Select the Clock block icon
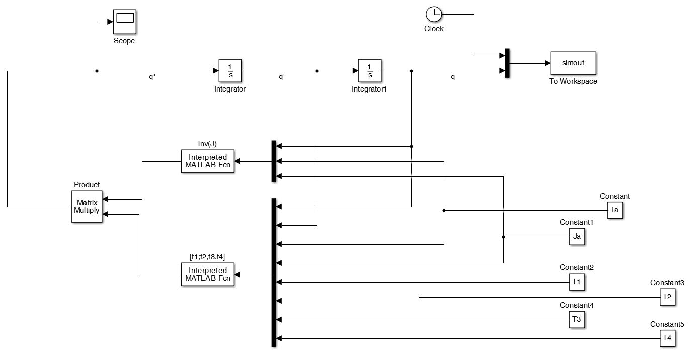click(x=433, y=14)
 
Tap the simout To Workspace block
click(x=573, y=64)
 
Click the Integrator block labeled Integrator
click(x=230, y=71)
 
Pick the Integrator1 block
click(x=370, y=71)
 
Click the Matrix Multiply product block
click(x=87, y=206)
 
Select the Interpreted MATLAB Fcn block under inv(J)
click(x=208, y=161)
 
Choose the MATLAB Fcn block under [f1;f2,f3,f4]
click(x=208, y=275)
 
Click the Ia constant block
click(x=615, y=210)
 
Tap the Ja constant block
click(x=577, y=237)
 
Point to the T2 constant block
click(x=667, y=297)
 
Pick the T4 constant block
click(x=667, y=338)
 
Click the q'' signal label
click(x=152, y=78)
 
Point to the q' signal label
click(x=282, y=78)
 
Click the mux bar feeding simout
click(x=507, y=64)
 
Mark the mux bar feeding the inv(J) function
click(x=274, y=161)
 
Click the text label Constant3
click(x=667, y=283)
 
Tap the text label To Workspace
click(x=573, y=81)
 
